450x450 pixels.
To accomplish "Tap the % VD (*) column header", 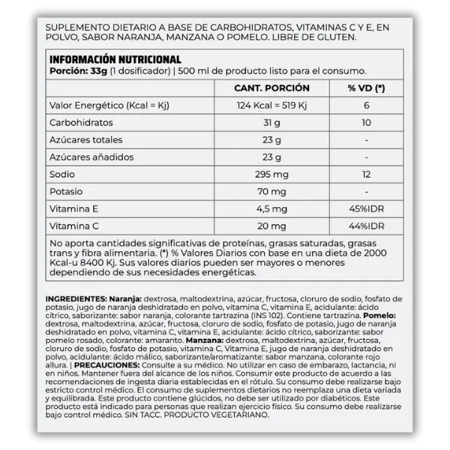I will click(366, 88).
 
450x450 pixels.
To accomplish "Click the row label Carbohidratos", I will click(82, 122).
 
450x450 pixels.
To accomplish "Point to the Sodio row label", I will click(63, 174).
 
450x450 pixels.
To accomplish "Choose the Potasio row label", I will click(66, 191).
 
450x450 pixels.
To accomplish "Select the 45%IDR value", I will click(366, 208).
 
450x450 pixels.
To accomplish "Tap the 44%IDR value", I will click(366, 226).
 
